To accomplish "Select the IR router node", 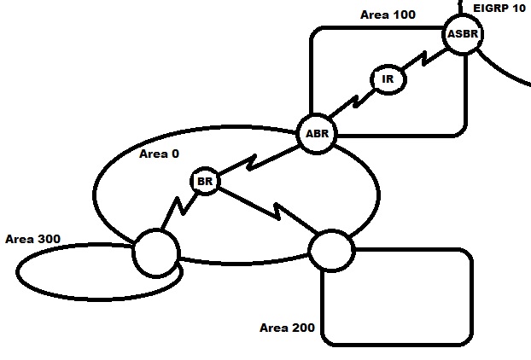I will tap(388, 79).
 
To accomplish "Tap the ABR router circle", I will tap(317, 134).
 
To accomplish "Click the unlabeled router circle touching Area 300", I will tap(156, 252).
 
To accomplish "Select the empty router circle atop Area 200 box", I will tap(330, 250).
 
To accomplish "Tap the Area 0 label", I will tap(160, 154).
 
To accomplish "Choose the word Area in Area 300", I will tap(20, 238).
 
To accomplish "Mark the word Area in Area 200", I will tap(274, 328).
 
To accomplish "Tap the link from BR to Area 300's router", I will tap(179, 209).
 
